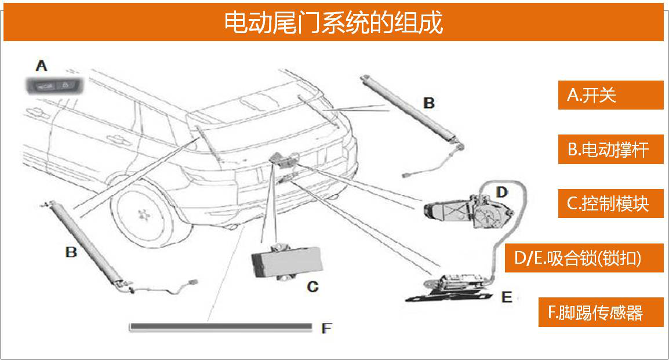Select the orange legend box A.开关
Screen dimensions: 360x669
[x=610, y=95]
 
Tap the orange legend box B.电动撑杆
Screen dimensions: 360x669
[x=610, y=150]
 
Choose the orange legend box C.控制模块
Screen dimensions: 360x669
[x=610, y=203]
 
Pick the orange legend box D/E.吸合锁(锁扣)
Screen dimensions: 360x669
[x=585, y=258]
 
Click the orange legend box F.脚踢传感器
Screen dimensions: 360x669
[x=600, y=312]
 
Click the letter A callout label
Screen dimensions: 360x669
[x=41, y=65]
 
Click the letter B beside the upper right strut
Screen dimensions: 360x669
[x=428, y=103]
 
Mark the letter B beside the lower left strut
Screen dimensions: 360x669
[x=71, y=252]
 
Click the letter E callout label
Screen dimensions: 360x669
[x=506, y=297]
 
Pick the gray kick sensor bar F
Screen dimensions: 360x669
[x=220, y=327]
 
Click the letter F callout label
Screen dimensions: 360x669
[x=326, y=329]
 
